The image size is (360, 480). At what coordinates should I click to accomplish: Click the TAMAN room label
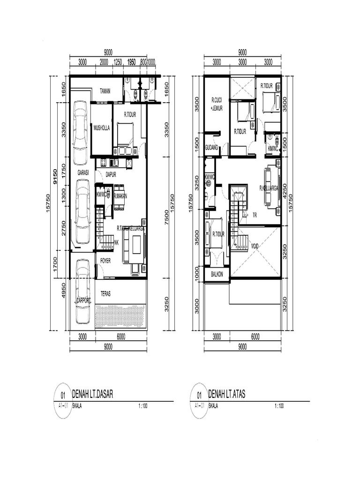105,91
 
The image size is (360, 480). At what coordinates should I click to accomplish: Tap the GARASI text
83,172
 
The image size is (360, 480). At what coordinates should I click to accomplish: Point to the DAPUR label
111,174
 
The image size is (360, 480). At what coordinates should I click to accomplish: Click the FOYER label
105,261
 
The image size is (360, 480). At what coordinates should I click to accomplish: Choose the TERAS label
106,294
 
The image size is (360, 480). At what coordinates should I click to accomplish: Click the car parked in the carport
83,292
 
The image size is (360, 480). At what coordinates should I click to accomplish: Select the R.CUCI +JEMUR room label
216,104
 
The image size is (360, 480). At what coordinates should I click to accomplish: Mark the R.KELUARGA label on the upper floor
269,188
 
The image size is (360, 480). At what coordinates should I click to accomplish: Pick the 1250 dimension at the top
118,62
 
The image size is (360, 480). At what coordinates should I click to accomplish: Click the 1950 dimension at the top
132,62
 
